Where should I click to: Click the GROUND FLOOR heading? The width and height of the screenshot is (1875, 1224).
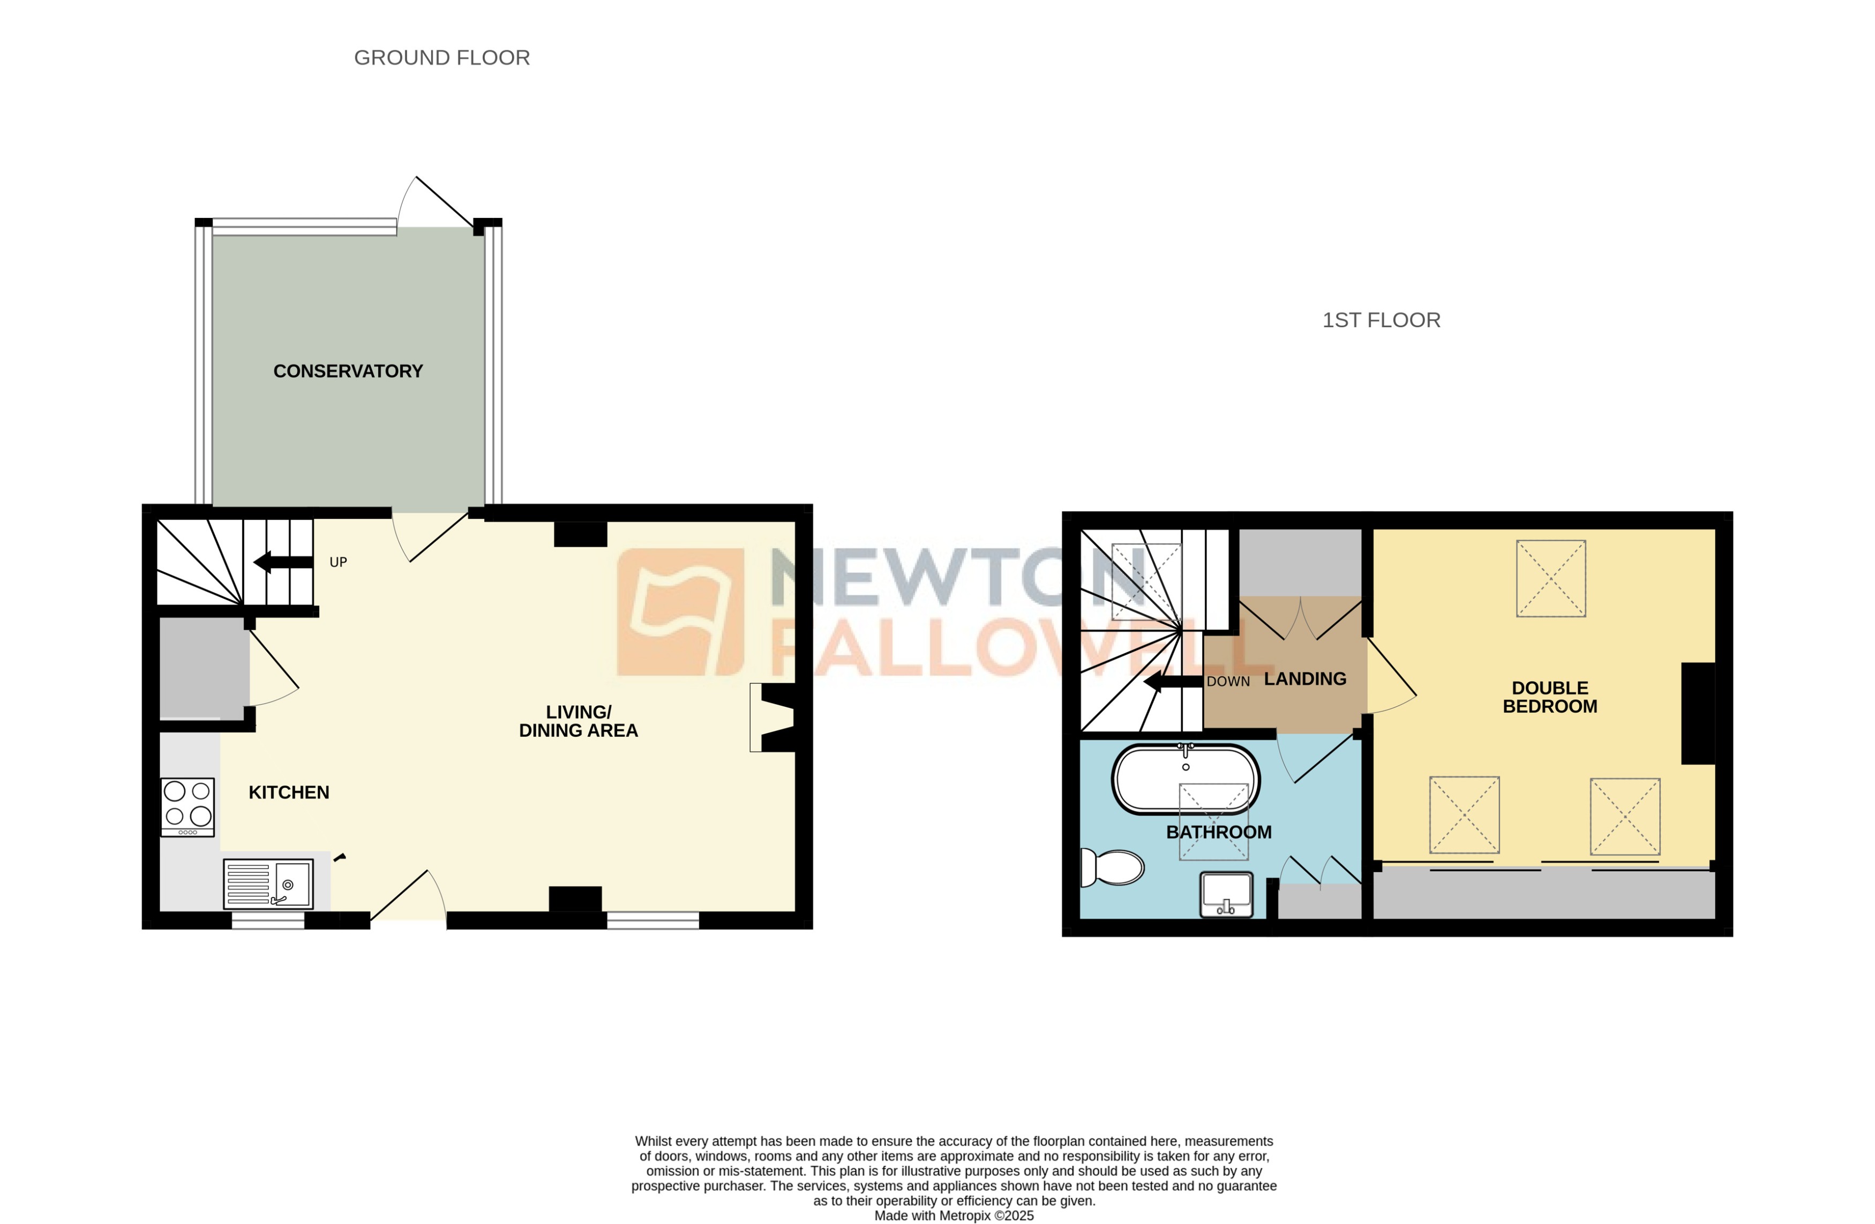tap(441, 57)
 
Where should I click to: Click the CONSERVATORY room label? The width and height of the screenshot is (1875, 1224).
tap(348, 371)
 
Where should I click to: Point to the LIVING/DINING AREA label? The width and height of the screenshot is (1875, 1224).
tap(578, 721)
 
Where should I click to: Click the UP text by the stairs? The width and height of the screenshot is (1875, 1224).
tap(338, 562)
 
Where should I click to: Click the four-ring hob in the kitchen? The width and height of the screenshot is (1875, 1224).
tap(187, 806)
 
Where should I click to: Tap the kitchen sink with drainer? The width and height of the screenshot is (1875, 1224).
tap(268, 884)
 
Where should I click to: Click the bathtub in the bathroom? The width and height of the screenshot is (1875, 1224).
tap(1185, 779)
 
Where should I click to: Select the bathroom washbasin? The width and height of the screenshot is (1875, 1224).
tap(1225, 894)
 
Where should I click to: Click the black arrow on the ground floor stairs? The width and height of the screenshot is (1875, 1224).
tap(283, 562)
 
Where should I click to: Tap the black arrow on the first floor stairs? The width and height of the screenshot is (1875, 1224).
tap(1172, 681)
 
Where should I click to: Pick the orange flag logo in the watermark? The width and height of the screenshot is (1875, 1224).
tap(680, 612)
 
